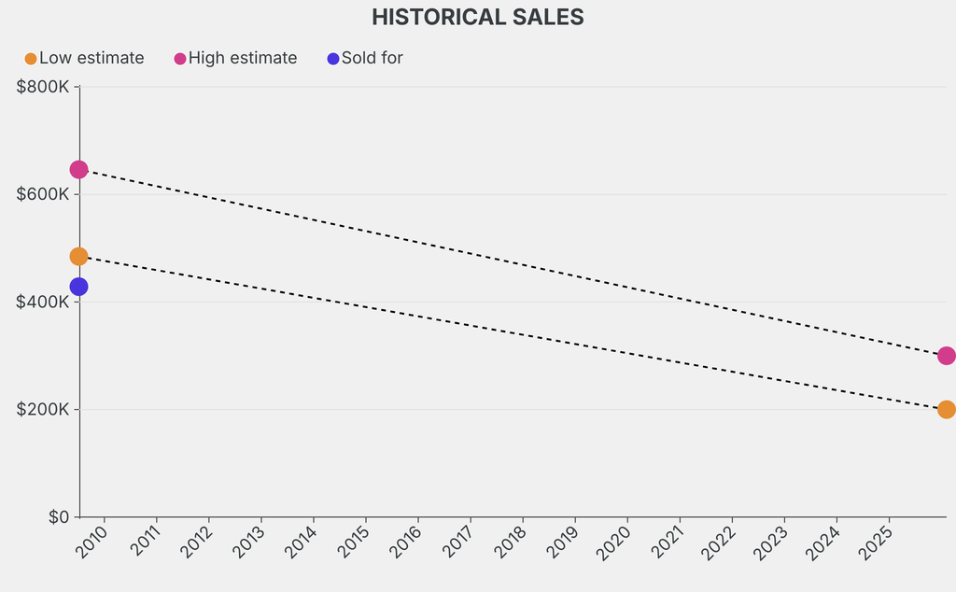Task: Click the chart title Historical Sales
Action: [x=477, y=17]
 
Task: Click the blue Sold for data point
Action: [x=78, y=287]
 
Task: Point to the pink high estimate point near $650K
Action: [x=78, y=170]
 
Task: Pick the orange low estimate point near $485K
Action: [x=78, y=256]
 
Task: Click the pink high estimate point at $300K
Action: [x=946, y=356]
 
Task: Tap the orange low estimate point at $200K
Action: [x=946, y=410]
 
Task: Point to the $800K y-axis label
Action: [x=43, y=87]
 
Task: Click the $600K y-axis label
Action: [x=43, y=194]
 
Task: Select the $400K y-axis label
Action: [x=43, y=303]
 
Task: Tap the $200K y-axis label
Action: [x=43, y=410]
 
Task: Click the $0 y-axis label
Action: [x=58, y=517]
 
